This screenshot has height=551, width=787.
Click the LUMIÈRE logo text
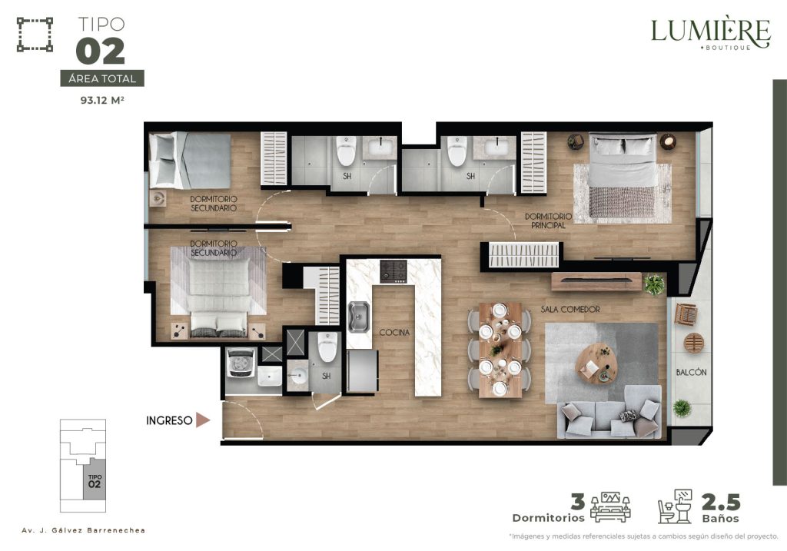710,31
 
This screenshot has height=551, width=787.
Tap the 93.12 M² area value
102,100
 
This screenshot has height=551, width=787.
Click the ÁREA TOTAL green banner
102,78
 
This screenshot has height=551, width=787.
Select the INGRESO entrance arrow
203,420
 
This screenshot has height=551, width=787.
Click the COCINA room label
394,332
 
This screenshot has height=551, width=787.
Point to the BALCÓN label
691,372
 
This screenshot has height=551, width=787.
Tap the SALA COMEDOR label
570,309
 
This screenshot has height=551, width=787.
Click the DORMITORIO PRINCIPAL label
548,221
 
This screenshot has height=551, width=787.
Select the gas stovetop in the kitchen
393,271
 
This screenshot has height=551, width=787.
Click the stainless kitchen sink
358,317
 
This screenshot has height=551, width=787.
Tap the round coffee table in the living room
597,363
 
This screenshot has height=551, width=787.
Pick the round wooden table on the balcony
694,344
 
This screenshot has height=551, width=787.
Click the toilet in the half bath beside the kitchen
327,347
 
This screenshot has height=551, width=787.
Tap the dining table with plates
500,350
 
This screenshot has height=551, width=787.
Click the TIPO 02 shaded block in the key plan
95,481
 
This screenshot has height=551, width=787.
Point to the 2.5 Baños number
721,502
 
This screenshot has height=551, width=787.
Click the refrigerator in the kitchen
362,371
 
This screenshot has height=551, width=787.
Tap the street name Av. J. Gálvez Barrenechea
83,530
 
